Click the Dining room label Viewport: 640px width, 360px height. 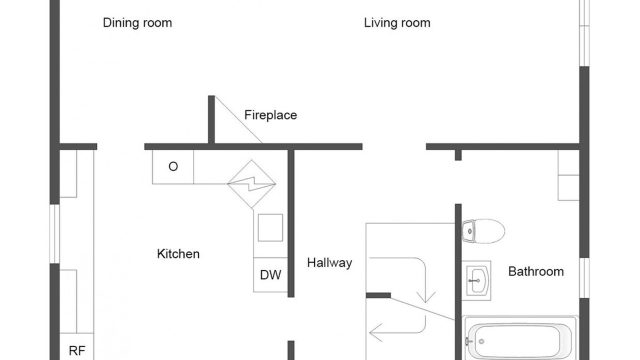click(137, 23)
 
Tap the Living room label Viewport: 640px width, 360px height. click(397, 23)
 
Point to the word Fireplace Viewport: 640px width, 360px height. click(270, 115)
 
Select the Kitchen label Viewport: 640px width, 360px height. click(178, 254)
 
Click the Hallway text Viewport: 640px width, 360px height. click(329, 263)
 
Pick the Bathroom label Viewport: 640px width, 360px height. click(536, 271)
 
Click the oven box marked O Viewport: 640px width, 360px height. click(173, 167)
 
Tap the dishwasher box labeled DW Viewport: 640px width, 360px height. click(270, 275)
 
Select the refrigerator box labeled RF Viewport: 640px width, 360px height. click(76, 346)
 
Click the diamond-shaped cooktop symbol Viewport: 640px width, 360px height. click(251, 184)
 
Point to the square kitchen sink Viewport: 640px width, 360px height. click(270, 227)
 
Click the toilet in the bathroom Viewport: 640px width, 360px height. click(483, 231)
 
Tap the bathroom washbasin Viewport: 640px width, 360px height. click(476, 280)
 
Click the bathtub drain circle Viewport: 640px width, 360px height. click(481, 341)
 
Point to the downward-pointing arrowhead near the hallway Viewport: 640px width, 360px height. click(425, 297)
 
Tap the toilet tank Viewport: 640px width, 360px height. click(468, 231)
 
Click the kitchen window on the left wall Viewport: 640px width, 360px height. click(54, 233)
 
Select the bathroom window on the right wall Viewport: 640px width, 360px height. click(584, 277)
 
